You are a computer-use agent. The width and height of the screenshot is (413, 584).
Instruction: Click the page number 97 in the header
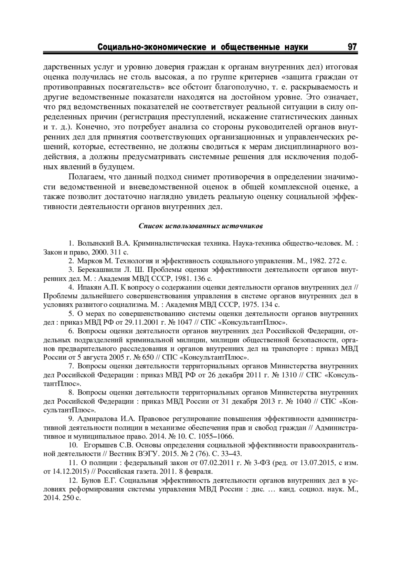pyautogui.click(x=352, y=47)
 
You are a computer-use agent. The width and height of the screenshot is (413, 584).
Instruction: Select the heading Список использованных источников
pyautogui.click(x=201, y=226)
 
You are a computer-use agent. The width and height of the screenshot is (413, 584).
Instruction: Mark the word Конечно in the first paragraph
pyautogui.click(x=90, y=127)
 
